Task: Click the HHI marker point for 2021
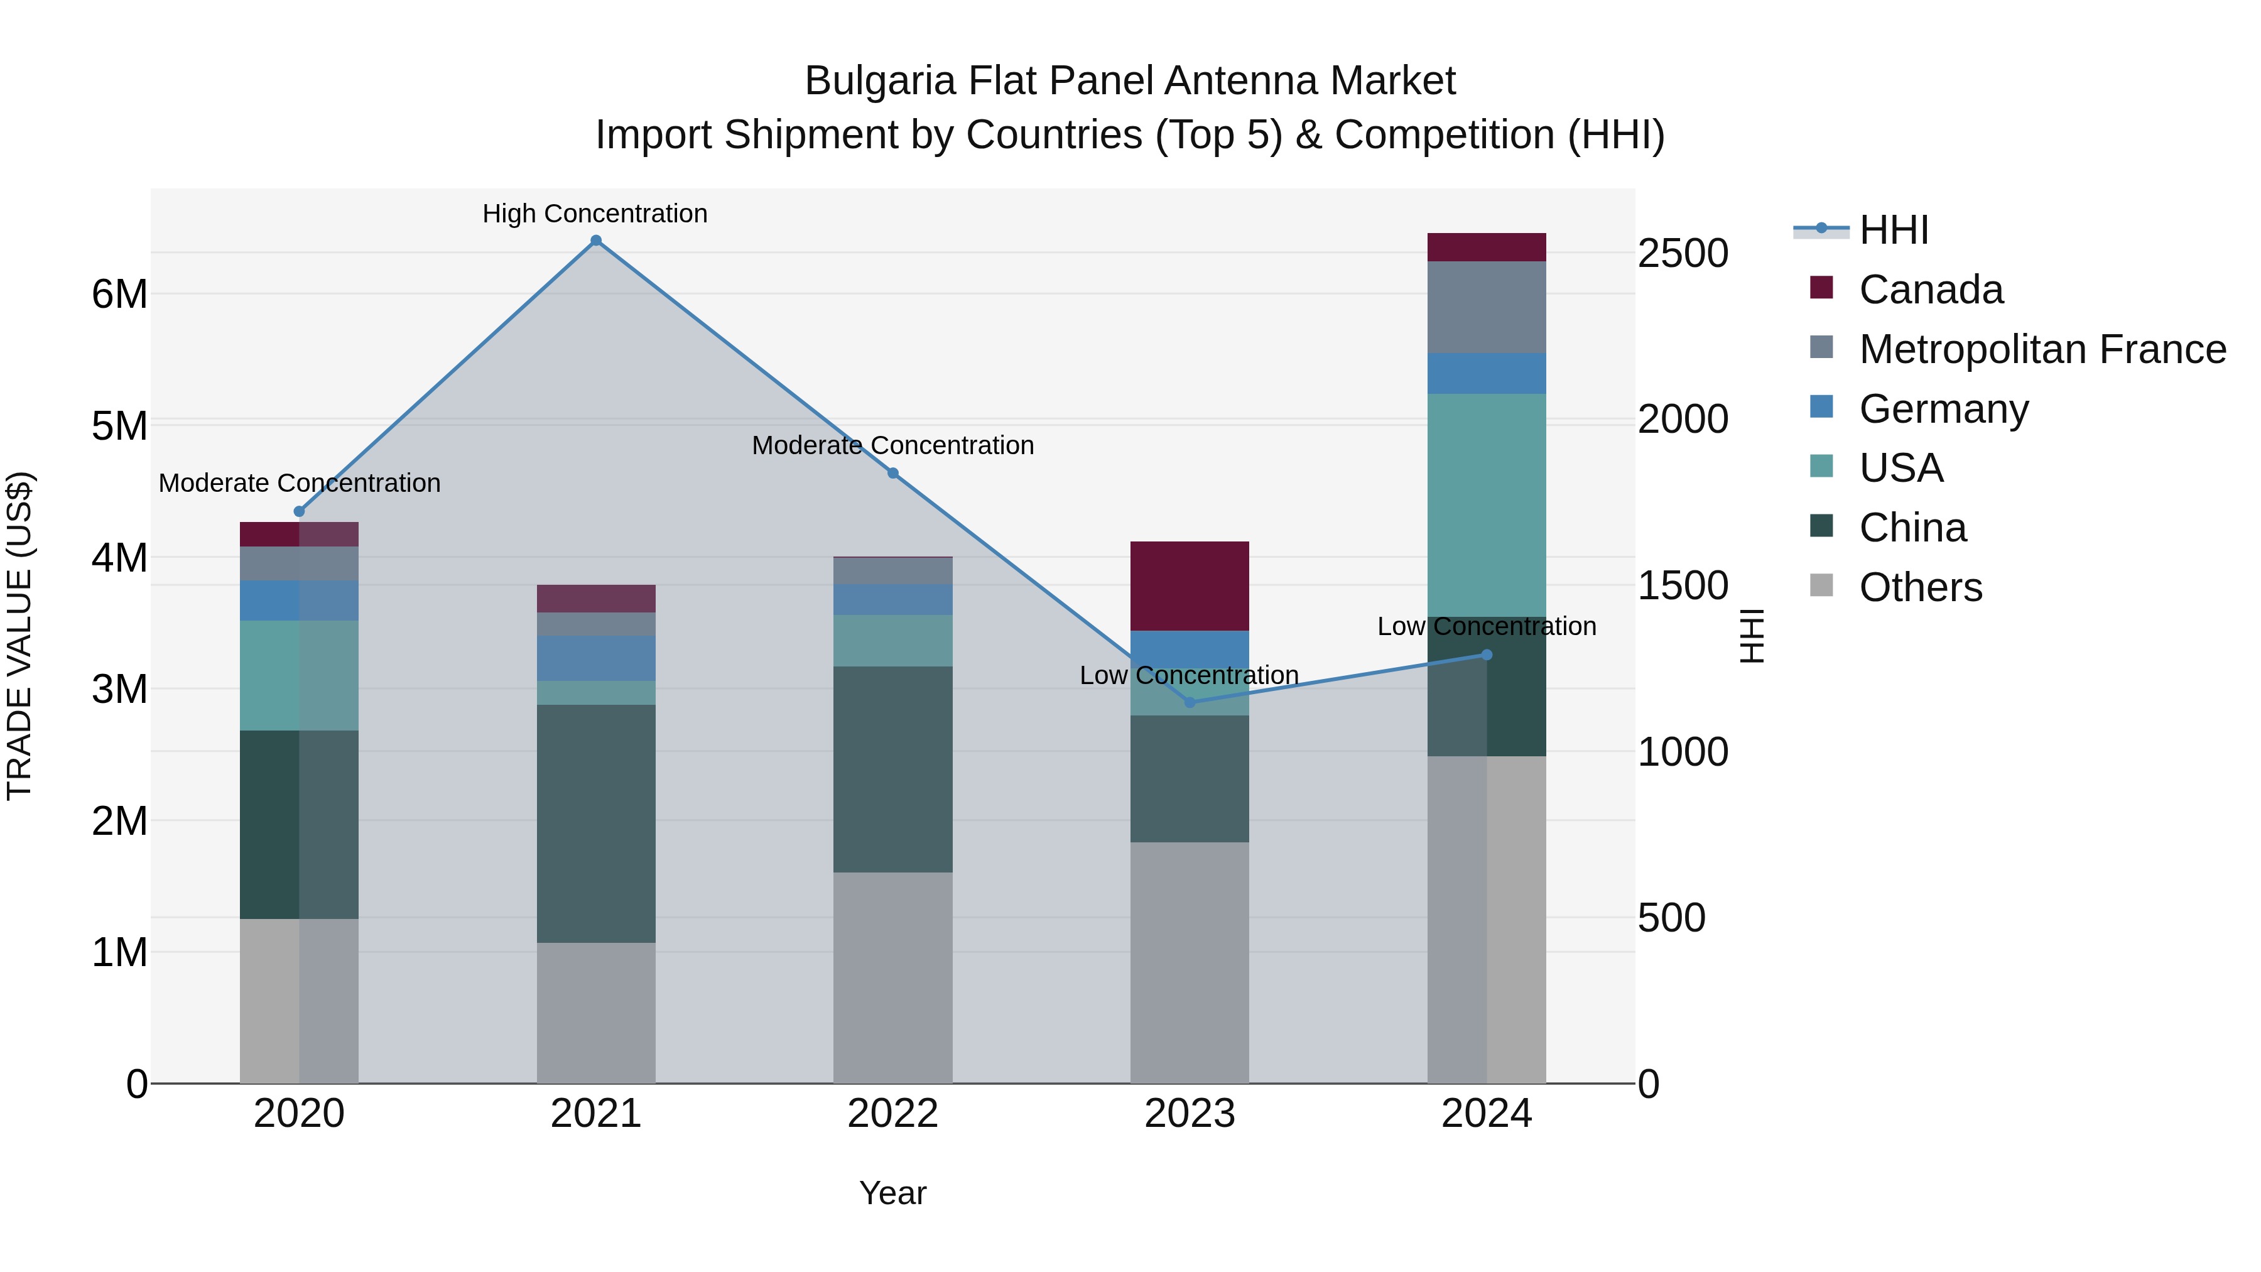click(x=596, y=241)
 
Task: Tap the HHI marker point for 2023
click(x=1190, y=702)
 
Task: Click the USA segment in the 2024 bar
click(x=1486, y=505)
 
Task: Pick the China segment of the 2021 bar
click(x=596, y=824)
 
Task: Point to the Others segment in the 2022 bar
click(x=892, y=977)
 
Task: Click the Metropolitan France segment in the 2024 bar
click(x=1486, y=307)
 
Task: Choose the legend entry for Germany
click(x=1943, y=409)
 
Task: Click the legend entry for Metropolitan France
click(x=2042, y=349)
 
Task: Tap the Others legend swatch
click(x=1822, y=585)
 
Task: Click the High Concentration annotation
click(x=595, y=214)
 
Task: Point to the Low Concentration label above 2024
click(x=1486, y=626)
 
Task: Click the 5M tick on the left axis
click(x=119, y=426)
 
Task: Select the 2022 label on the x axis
click(x=892, y=1114)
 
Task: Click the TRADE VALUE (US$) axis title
click(x=19, y=636)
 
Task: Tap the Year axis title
click(x=892, y=1193)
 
